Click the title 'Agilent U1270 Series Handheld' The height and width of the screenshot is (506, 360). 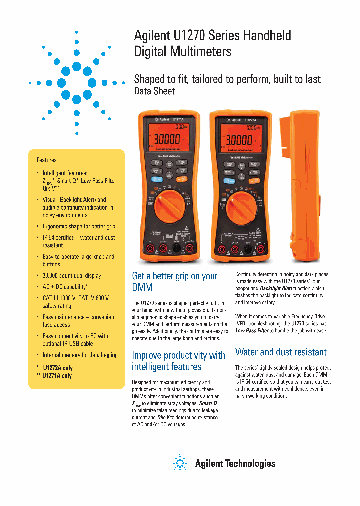[212, 35]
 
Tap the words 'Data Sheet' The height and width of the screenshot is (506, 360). [154, 91]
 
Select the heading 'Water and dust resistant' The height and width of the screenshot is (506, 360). [281, 352]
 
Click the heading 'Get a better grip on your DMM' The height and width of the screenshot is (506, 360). [174, 282]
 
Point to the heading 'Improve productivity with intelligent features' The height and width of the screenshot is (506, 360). [178, 361]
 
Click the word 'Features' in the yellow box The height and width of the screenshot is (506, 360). [46, 160]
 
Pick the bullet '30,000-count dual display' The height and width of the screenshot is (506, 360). [72, 275]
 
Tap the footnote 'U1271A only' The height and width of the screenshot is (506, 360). [57, 375]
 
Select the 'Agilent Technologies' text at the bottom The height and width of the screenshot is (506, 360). [235, 464]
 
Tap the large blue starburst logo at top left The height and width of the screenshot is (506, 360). [77, 82]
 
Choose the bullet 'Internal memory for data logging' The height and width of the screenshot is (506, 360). [80, 355]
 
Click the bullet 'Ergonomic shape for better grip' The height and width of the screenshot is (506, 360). [79, 226]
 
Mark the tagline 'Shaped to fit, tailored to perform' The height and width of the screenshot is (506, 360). [227, 79]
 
